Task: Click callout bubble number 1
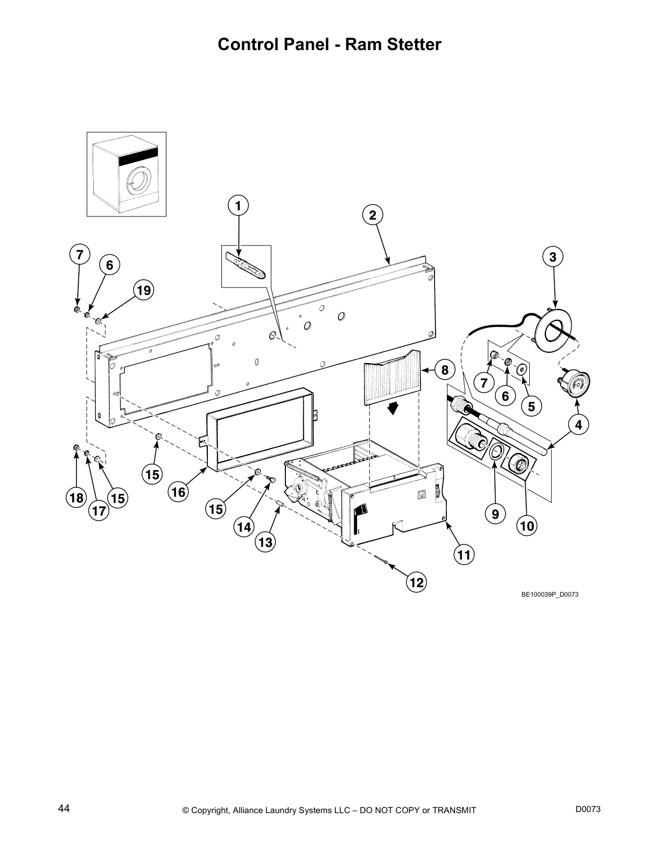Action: (238, 205)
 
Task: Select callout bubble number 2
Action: (373, 215)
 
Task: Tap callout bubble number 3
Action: (552, 257)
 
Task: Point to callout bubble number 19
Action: (143, 291)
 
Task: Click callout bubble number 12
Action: (416, 583)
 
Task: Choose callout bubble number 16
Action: (179, 492)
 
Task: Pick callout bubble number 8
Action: (445, 370)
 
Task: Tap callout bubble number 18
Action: (77, 498)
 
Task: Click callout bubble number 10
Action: (528, 525)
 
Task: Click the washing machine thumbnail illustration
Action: (127, 174)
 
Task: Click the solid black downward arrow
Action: (394, 409)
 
